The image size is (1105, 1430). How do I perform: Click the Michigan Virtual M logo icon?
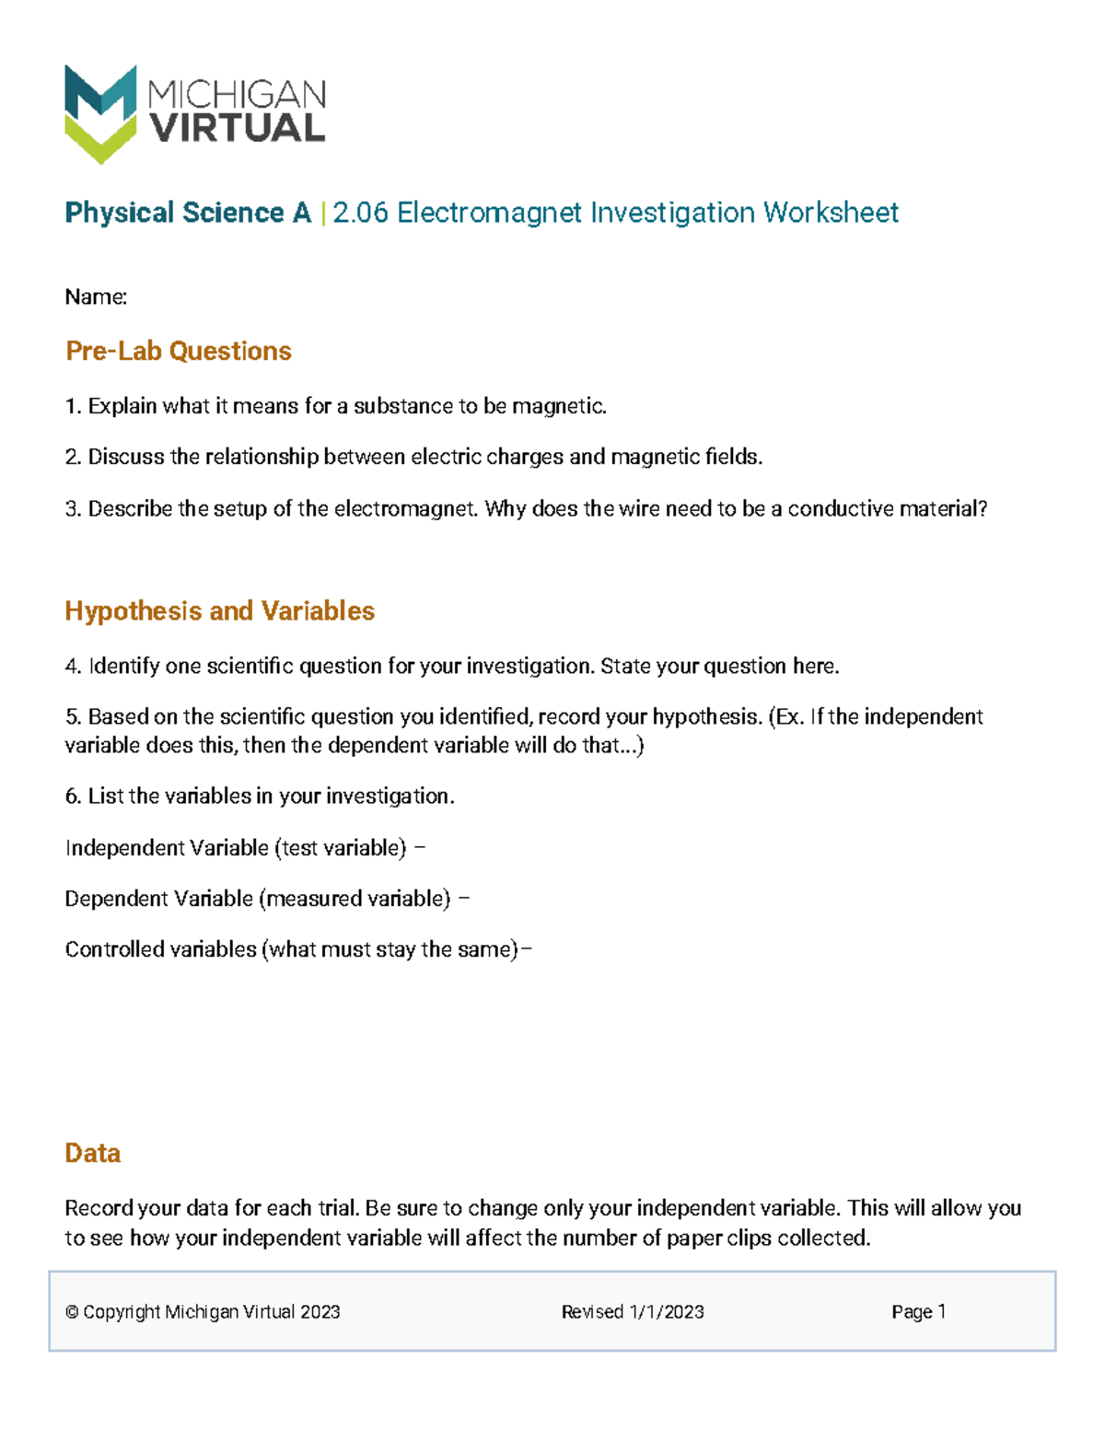tap(100, 113)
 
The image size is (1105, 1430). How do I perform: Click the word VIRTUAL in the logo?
tap(238, 129)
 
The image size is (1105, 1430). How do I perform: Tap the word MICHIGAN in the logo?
tap(237, 93)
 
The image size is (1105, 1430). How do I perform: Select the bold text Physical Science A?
tap(188, 213)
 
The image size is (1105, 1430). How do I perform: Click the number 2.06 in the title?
tap(360, 213)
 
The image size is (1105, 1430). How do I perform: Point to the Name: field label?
tap(96, 296)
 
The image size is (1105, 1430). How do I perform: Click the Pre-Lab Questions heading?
tap(179, 351)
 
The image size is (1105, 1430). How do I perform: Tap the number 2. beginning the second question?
tap(74, 457)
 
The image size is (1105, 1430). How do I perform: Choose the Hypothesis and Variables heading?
tap(219, 610)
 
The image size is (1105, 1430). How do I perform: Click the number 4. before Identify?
tap(74, 666)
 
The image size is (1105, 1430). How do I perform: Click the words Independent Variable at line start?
tap(167, 847)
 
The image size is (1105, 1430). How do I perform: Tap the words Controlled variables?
tap(161, 949)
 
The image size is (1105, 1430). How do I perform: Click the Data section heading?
tap(92, 1153)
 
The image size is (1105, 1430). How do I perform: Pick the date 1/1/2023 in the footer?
tap(667, 1312)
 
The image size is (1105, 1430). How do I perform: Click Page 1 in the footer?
tap(918, 1312)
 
